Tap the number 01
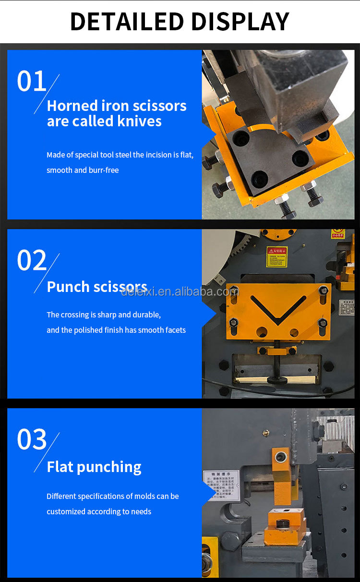[31, 81]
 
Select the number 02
[31, 260]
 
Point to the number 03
[32, 439]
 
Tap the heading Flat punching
[94, 467]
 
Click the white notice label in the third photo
[221, 485]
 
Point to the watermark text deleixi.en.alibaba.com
[180, 291]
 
